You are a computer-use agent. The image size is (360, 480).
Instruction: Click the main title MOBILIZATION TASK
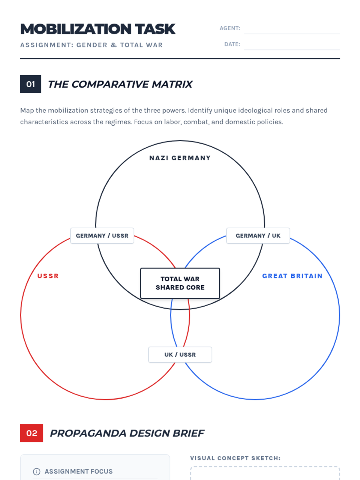pos(98,29)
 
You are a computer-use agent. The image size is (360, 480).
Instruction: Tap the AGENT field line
pos(292,34)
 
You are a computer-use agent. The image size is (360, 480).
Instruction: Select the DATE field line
pos(292,50)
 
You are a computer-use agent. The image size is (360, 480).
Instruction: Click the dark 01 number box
pos(31,84)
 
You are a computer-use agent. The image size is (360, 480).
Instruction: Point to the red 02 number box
pos(32,433)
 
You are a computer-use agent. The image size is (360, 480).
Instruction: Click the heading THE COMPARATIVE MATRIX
pos(120,84)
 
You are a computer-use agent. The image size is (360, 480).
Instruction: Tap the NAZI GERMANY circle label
pos(180,158)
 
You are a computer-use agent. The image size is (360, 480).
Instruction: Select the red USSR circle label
pos(48,276)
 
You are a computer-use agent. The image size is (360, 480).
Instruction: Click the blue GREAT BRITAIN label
pos(292,276)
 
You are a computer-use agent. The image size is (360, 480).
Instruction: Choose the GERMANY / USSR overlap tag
pos(102,236)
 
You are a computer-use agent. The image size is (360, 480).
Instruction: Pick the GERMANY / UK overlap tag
pos(258,236)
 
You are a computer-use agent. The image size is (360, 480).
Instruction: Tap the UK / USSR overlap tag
pos(180,355)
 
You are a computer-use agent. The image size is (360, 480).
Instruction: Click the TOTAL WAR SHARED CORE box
pos(180,283)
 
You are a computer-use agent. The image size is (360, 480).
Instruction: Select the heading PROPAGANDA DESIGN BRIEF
pos(127,433)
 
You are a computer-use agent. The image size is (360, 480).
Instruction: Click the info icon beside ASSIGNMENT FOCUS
pos(37,472)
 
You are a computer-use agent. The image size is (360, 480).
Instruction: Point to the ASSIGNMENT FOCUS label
pos(79,472)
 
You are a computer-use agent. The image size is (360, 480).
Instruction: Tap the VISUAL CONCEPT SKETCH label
pos(235,458)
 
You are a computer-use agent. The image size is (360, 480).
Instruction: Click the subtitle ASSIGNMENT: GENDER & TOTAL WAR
pos(91,45)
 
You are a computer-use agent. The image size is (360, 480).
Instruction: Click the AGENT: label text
pos(230,28)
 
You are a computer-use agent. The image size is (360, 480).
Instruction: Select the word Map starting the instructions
pos(27,110)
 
